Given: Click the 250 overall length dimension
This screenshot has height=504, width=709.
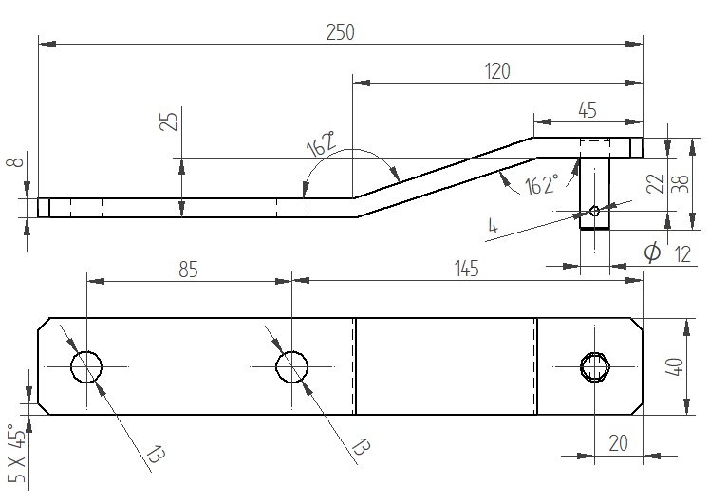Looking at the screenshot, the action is [340, 32].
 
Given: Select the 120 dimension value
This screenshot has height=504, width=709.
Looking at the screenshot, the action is [497, 71].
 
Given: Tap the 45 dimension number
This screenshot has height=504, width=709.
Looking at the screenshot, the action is [587, 110].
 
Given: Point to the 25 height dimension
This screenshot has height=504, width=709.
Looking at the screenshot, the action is [169, 121].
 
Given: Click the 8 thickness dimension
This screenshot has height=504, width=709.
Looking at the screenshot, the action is [16, 160].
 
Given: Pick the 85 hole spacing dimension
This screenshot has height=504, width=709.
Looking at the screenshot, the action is [188, 270].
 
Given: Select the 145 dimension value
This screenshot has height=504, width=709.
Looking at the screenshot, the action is [466, 269].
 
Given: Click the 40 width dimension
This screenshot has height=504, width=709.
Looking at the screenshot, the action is [674, 366].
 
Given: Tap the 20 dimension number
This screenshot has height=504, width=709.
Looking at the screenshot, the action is [618, 443].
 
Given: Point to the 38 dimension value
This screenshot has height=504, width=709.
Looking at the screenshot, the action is [681, 183].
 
